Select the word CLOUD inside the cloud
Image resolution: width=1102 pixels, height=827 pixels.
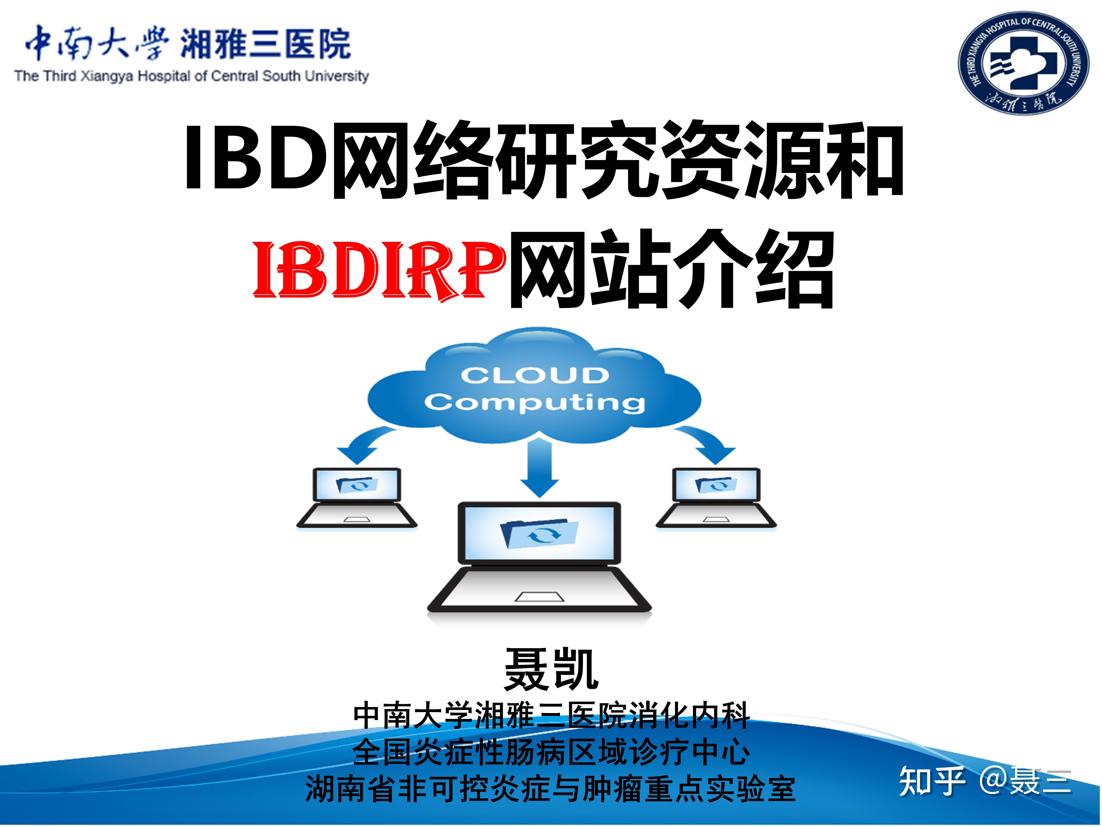click(x=534, y=375)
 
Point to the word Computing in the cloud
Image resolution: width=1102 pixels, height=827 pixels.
click(x=534, y=402)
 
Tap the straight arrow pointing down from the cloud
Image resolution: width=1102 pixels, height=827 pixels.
click(x=540, y=469)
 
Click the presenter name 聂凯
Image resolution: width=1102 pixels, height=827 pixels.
click(x=551, y=670)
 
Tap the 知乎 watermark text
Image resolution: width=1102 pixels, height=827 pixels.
click(x=932, y=782)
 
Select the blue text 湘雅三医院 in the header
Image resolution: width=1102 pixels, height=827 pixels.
click(x=266, y=44)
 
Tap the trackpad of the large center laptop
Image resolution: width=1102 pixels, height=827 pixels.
click(x=539, y=597)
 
